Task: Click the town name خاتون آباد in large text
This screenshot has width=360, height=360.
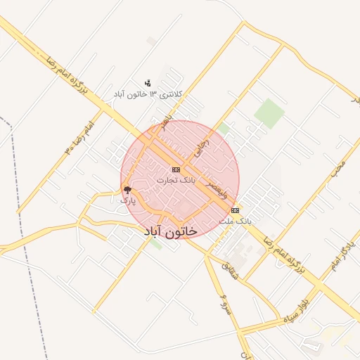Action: [x=170, y=231]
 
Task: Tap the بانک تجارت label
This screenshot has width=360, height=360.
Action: [x=175, y=181]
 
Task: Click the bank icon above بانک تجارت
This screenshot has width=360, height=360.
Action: [x=175, y=170]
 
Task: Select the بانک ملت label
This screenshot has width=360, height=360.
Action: [x=235, y=221]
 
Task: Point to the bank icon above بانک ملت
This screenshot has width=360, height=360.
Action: [x=235, y=210]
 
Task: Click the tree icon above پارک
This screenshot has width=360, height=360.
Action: [x=127, y=189]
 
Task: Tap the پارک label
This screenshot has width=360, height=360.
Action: [x=127, y=200]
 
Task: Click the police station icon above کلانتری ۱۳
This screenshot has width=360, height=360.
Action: [x=148, y=83]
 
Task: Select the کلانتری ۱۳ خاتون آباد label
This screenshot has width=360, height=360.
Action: [x=148, y=94]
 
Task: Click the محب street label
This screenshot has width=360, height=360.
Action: [x=339, y=169]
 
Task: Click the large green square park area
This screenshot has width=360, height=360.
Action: [x=268, y=113]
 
